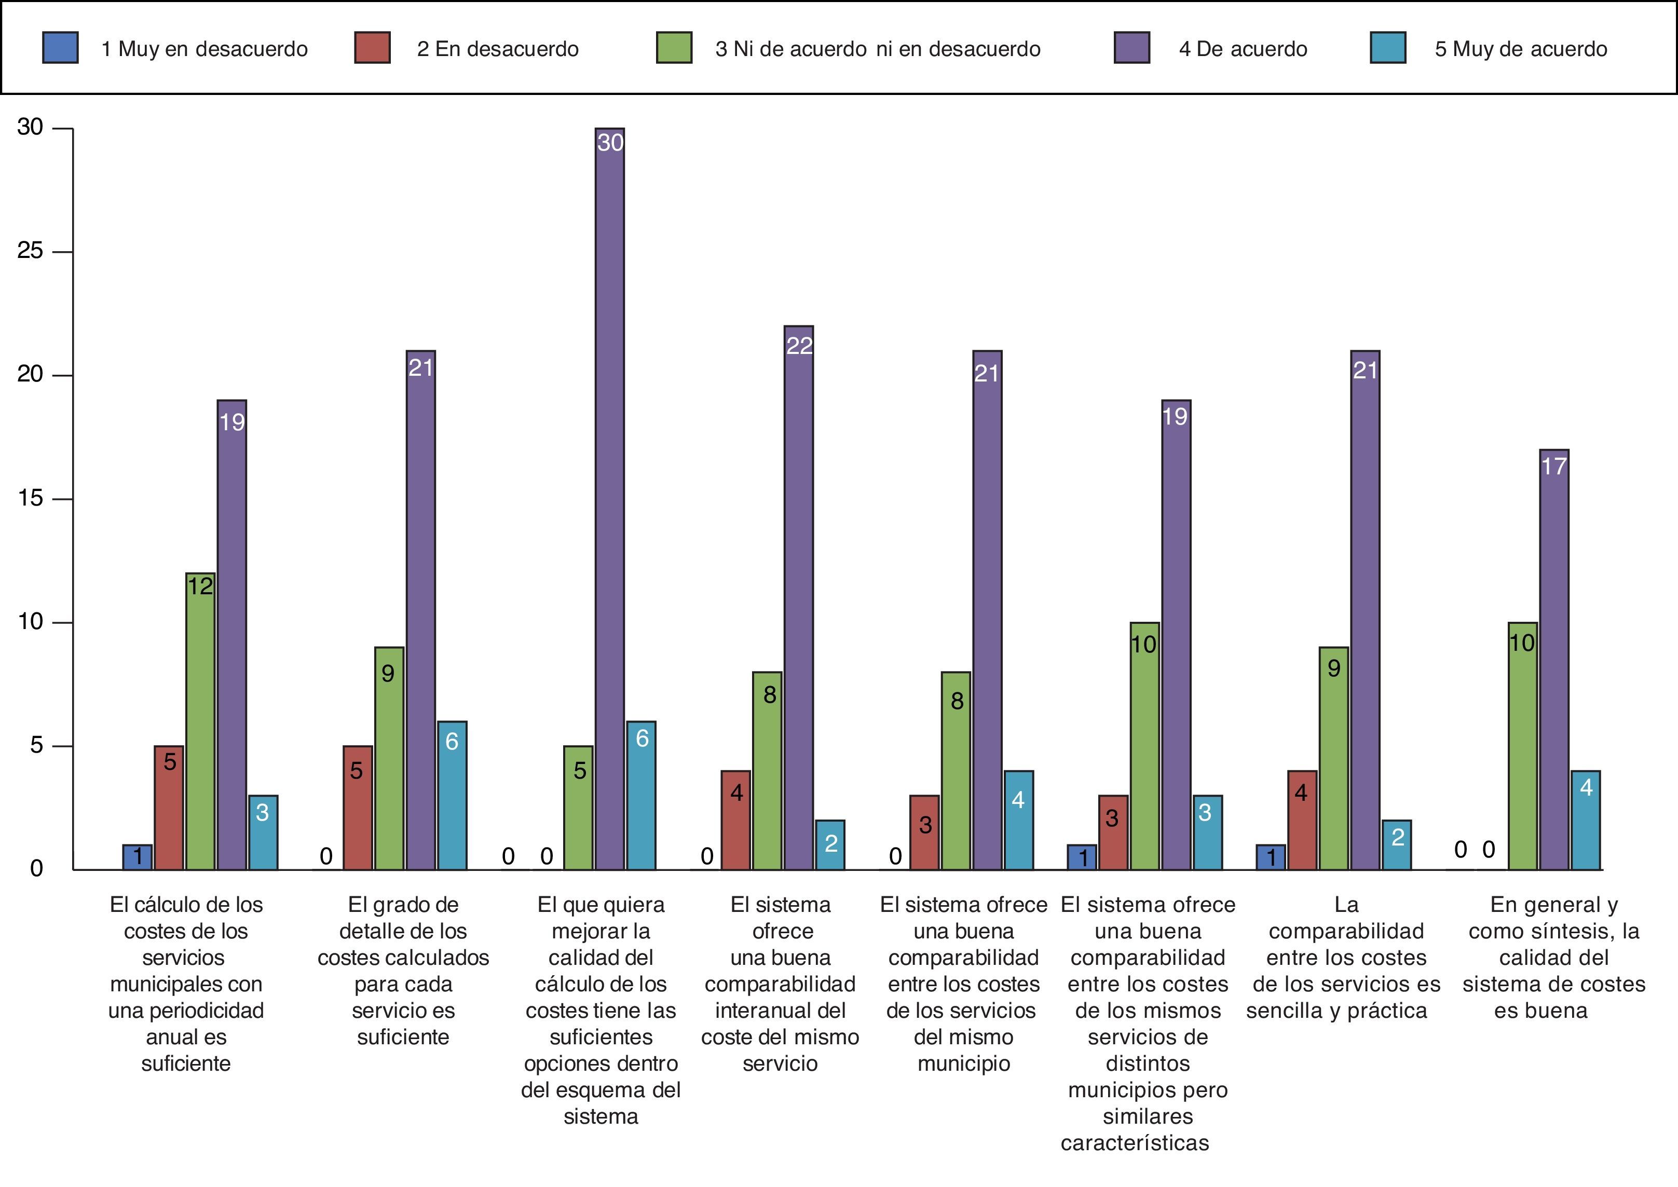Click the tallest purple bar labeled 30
coord(609,497)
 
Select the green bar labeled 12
coord(200,720)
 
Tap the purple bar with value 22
coord(798,596)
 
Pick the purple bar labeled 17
coord(1554,658)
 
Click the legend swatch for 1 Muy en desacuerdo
coord(61,48)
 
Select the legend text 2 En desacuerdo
coord(498,49)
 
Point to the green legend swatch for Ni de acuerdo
coord(674,48)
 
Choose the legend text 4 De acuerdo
coord(1243,49)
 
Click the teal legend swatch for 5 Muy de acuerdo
coord(1388,48)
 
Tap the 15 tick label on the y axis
coord(31,498)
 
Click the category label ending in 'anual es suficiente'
coord(186,984)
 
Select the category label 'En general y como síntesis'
coord(1554,958)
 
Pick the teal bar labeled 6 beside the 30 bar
coord(641,795)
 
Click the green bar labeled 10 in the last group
coord(1522,745)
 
